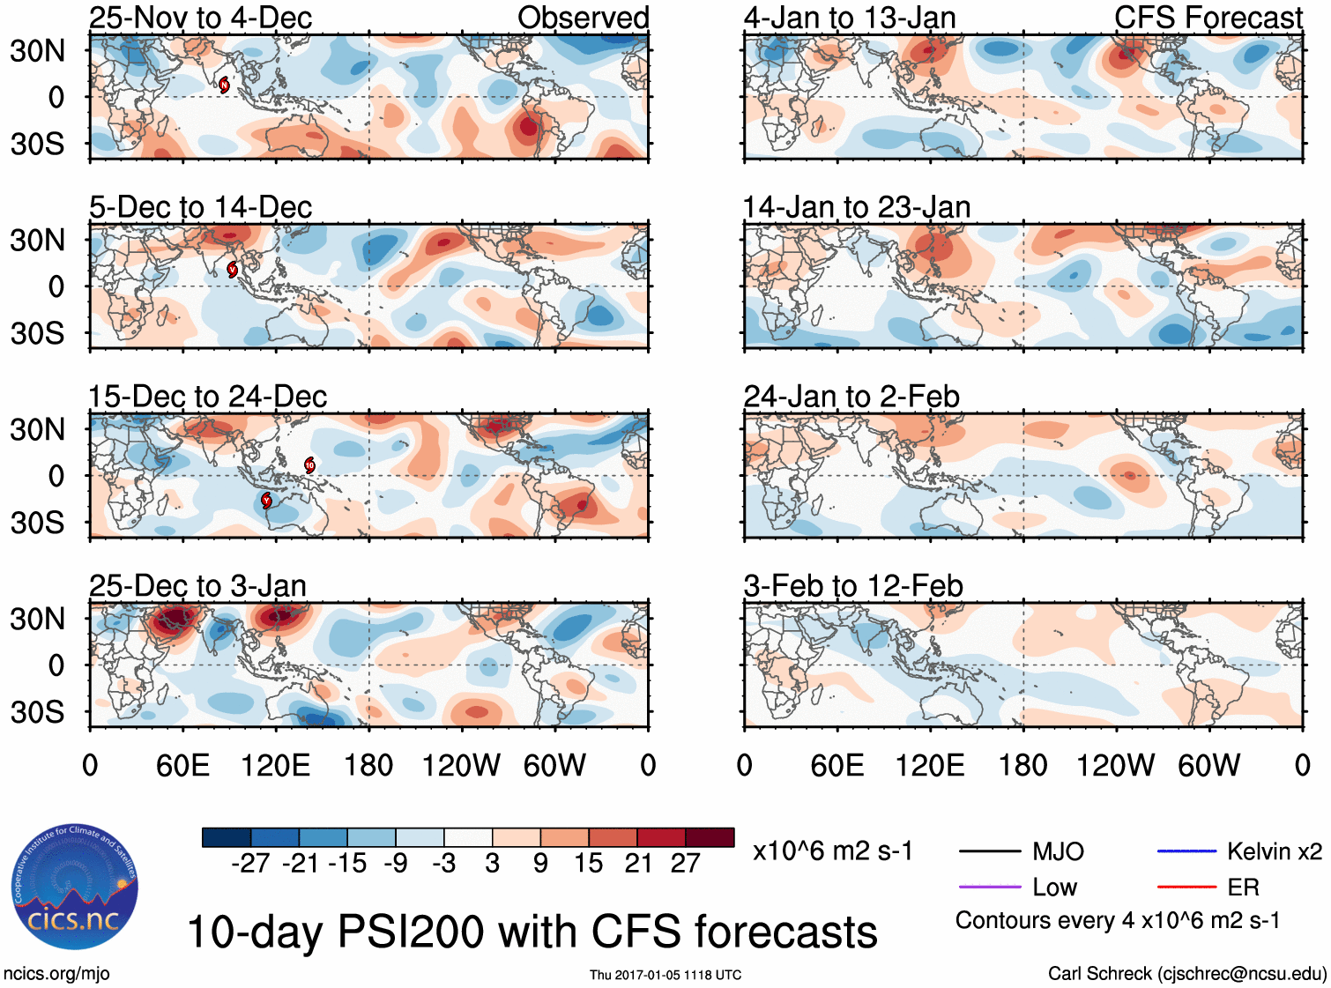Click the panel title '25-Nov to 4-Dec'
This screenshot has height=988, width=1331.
pyautogui.click(x=200, y=18)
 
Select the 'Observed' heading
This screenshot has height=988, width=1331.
pyautogui.click(x=583, y=18)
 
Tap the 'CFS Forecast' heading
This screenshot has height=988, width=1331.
pyautogui.click(x=1208, y=18)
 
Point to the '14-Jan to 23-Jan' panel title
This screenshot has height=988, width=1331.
pyautogui.click(x=856, y=207)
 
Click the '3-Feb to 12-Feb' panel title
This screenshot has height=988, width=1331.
pyautogui.click(x=852, y=586)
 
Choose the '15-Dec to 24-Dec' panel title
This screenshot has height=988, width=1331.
pyautogui.click(x=207, y=397)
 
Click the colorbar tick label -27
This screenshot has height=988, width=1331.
pyautogui.click(x=250, y=864)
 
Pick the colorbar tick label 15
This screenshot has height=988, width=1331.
pyautogui.click(x=588, y=864)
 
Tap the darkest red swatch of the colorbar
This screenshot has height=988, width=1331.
pyautogui.click(x=710, y=837)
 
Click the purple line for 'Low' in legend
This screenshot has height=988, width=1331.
pyautogui.click(x=989, y=887)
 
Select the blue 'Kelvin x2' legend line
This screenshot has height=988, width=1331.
pyautogui.click(x=1186, y=851)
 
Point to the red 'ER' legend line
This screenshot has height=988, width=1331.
pyautogui.click(x=1186, y=887)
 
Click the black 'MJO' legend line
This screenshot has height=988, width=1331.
pyautogui.click(x=989, y=851)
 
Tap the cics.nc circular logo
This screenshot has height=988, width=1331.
pyautogui.click(x=75, y=887)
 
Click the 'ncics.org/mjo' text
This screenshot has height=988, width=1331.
pyautogui.click(x=56, y=974)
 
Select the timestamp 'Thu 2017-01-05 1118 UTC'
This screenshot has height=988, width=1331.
pyautogui.click(x=665, y=975)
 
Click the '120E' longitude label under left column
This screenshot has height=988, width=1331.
pyautogui.click(x=276, y=765)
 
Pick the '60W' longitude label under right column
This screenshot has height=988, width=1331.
pyautogui.click(x=1208, y=765)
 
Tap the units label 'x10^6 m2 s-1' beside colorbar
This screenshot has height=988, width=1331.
pyautogui.click(x=832, y=851)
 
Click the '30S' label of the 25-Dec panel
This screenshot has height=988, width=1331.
pyautogui.click(x=37, y=712)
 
